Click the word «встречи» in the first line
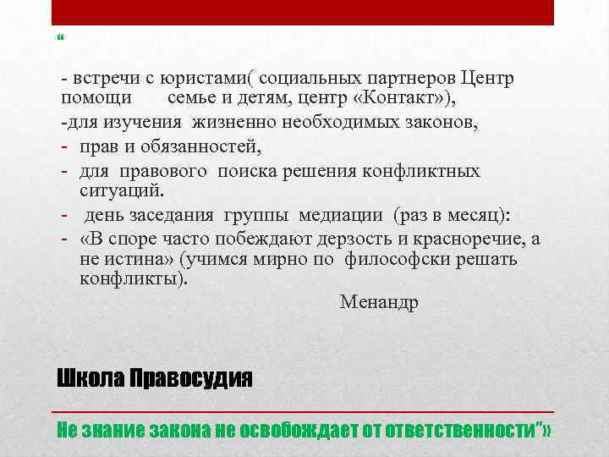[x=100, y=79]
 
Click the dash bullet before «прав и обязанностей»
[x=64, y=147]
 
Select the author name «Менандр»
[x=378, y=301]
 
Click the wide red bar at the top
[x=303, y=13]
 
